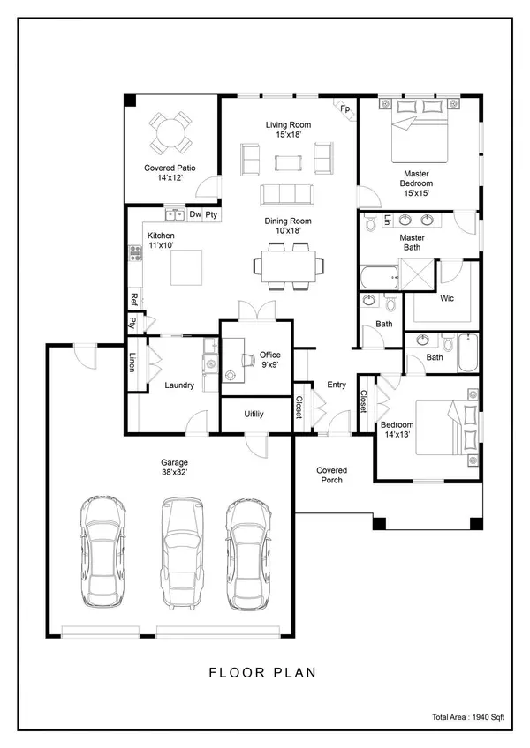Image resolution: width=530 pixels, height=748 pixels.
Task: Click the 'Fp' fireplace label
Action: pos(345,109)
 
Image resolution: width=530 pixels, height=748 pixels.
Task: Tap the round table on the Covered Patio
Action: pos(170,133)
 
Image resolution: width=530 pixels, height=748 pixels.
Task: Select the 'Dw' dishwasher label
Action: pos(195,214)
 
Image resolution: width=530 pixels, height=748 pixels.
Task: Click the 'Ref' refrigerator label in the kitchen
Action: pos(134,298)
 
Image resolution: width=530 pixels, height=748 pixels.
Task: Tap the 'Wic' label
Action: pos(447,299)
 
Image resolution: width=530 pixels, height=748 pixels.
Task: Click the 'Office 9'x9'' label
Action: pos(269,360)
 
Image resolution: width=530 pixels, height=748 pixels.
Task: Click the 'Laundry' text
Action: pos(179,385)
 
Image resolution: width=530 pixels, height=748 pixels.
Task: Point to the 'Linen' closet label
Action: pos(132,363)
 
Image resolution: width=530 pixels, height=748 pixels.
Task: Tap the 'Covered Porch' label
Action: pos(332,475)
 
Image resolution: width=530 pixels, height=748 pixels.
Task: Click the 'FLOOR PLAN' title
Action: pos(262,672)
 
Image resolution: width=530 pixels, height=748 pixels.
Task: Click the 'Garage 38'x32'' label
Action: pos(174,467)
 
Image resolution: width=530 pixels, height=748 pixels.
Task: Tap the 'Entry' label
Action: pos(337,385)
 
